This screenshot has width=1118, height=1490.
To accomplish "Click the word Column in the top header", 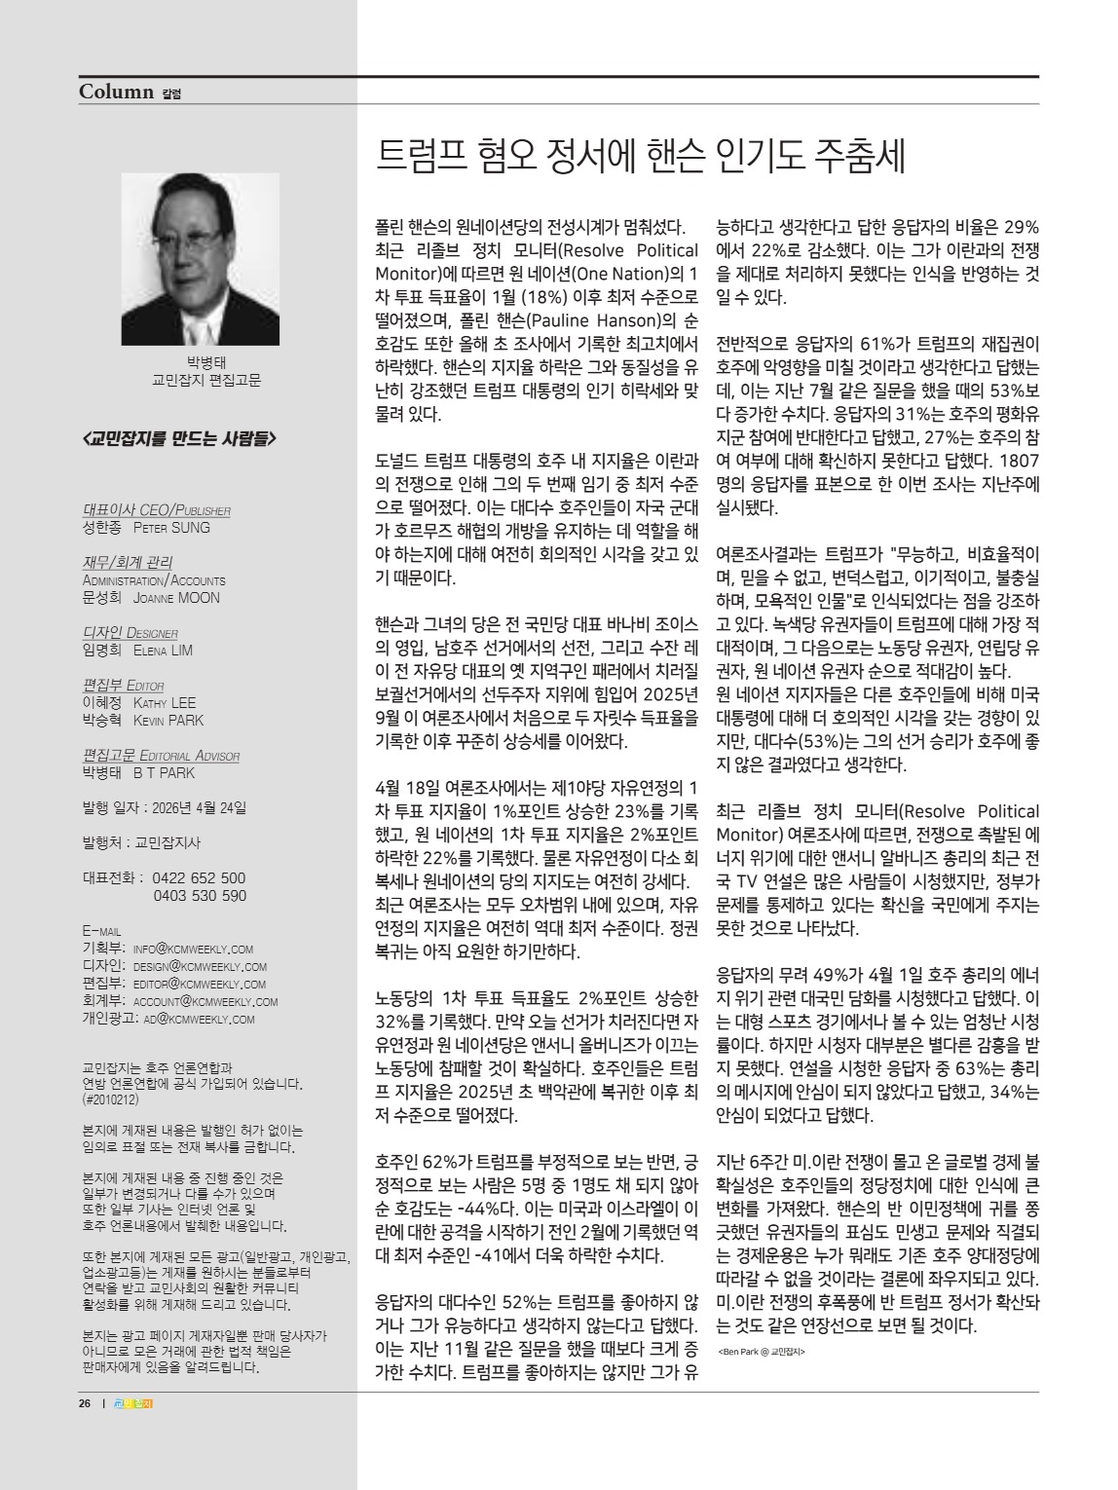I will click(x=117, y=93).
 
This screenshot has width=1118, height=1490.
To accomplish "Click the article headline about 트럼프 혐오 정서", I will click(x=641, y=157).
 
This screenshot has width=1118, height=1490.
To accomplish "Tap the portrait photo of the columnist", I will click(x=201, y=259).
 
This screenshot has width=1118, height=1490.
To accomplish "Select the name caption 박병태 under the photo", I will click(x=206, y=363).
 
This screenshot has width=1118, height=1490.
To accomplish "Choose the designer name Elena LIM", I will click(x=163, y=651).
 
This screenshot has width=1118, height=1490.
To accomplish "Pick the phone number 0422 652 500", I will click(x=200, y=877).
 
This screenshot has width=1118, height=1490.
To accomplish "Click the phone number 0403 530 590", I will click(x=200, y=895).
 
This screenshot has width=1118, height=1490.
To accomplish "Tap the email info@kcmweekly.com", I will click(x=193, y=949).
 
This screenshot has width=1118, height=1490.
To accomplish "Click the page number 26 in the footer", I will click(x=85, y=1403).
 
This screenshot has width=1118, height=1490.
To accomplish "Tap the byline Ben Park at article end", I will click(x=761, y=1352).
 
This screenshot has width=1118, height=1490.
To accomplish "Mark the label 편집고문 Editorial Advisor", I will click(x=162, y=756).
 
